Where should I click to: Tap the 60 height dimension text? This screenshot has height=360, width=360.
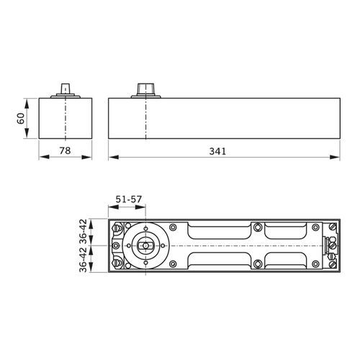22,118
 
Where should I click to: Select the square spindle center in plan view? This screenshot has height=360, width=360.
145,246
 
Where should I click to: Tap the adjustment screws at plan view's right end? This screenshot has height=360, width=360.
331,246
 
